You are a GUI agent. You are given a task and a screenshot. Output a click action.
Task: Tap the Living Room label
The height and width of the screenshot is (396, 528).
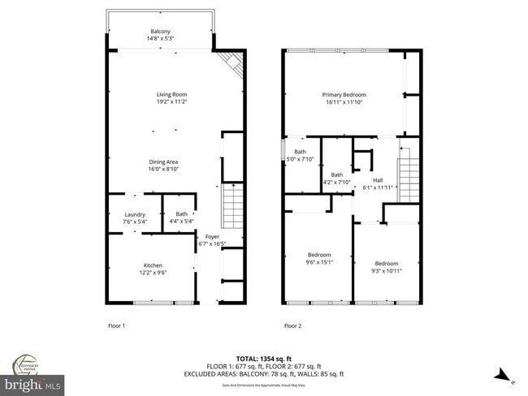coord(171,95)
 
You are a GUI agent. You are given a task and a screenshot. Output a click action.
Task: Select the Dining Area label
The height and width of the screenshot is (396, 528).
coord(163,161)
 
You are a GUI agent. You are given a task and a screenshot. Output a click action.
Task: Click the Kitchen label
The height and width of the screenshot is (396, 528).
coord(154,265)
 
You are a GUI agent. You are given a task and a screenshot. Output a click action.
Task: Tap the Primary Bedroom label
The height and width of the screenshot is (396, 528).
coord(344,95)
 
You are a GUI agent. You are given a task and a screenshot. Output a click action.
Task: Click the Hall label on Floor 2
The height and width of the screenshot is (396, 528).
coord(378,180)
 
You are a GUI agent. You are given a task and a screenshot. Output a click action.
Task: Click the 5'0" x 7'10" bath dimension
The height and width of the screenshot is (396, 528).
coord(301,159)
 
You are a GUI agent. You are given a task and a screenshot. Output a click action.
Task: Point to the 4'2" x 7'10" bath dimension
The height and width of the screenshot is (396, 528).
coord(336,182)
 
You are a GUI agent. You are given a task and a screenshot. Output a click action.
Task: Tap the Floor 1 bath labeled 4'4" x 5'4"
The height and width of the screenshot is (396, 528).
coord(180,215)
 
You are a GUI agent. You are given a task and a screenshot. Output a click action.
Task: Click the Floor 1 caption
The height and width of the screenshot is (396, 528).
coord(117,325)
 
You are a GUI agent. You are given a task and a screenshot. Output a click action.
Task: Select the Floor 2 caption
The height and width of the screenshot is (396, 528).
coord(292,325)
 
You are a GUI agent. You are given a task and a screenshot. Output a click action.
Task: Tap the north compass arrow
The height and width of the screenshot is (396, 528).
coord(503,374)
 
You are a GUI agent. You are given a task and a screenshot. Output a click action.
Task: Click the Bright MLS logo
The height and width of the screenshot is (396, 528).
coord(32,382)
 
